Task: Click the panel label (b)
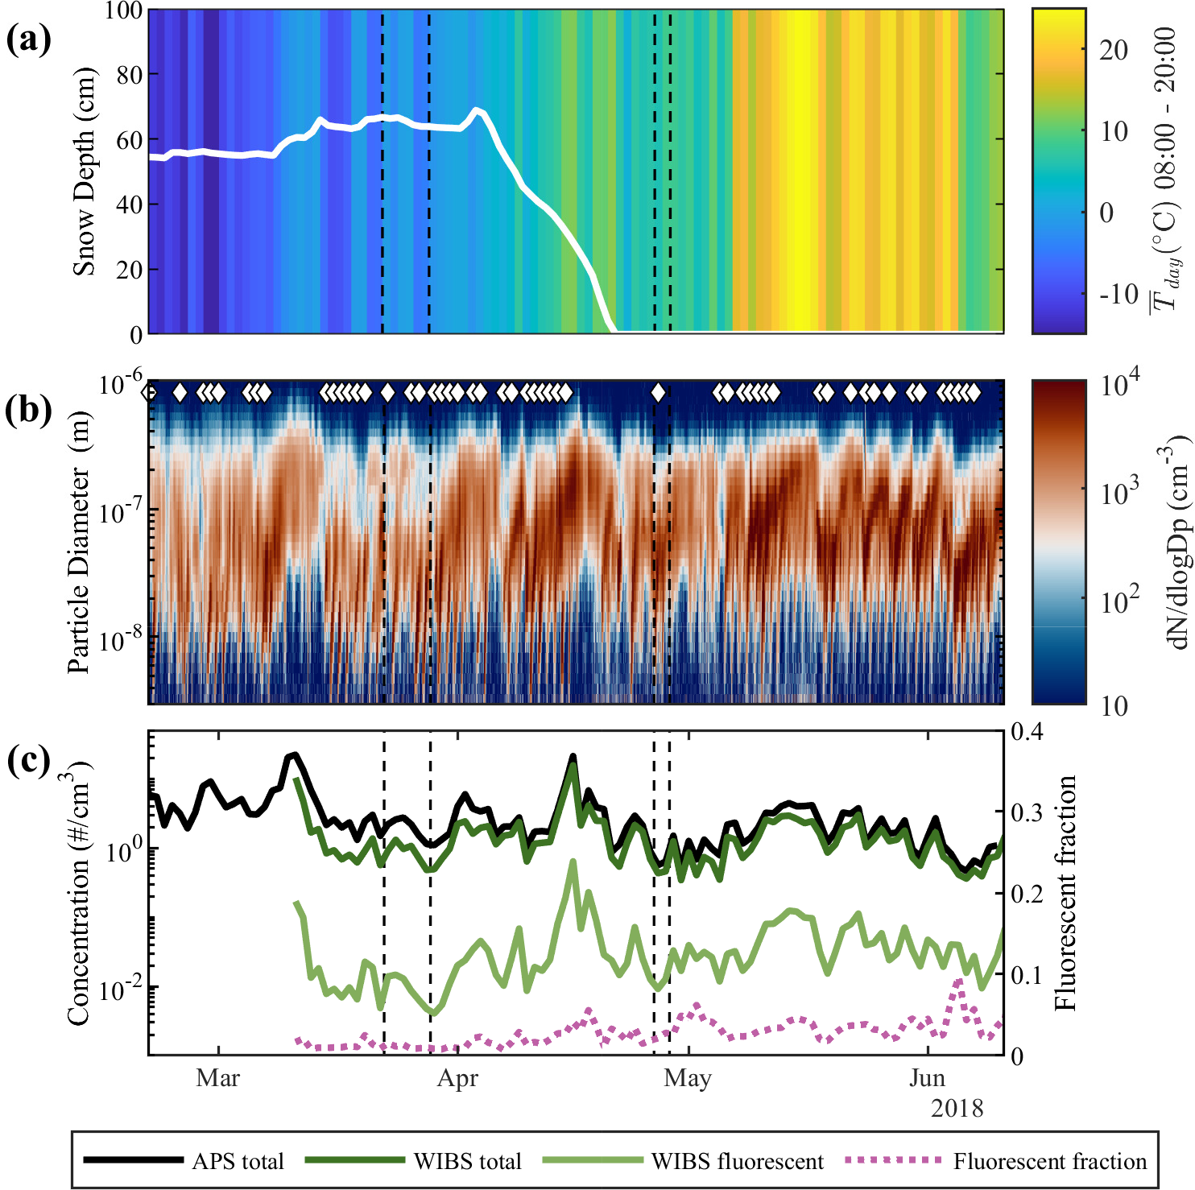click(x=28, y=411)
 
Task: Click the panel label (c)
click(x=28, y=760)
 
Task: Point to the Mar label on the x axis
click(x=217, y=1077)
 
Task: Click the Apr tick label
click(x=457, y=1077)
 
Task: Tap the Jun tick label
click(x=928, y=1077)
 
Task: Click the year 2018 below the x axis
click(x=957, y=1109)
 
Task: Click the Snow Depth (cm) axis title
click(x=84, y=171)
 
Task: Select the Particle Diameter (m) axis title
click(x=79, y=541)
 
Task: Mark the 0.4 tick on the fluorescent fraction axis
click(x=1028, y=732)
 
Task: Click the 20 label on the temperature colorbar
click(x=1114, y=50)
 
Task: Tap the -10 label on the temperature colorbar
click(x=1119, y=294)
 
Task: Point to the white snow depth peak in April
click(x=478, y=109)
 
